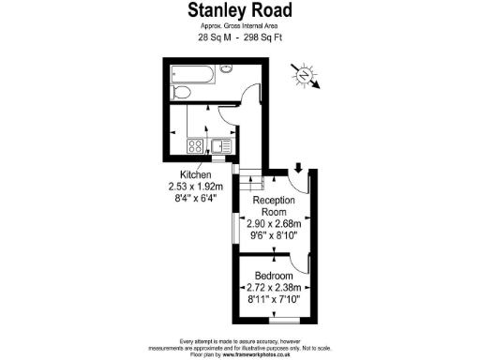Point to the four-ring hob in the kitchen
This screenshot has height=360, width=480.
pos(196,145)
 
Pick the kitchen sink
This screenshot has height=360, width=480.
pos(217,145)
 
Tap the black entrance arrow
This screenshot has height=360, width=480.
pos(297,169)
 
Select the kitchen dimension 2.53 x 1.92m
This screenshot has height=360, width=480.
pos(196,187)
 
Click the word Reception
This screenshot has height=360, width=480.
pos(274,201)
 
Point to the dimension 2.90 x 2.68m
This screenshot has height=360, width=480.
pos(275,225)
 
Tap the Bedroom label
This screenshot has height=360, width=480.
pos(274,275)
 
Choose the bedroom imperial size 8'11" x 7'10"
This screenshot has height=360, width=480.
pos(274,299)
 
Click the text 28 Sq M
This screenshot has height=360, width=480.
pos(212,38)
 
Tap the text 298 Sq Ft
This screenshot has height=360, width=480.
pos(265,38)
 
